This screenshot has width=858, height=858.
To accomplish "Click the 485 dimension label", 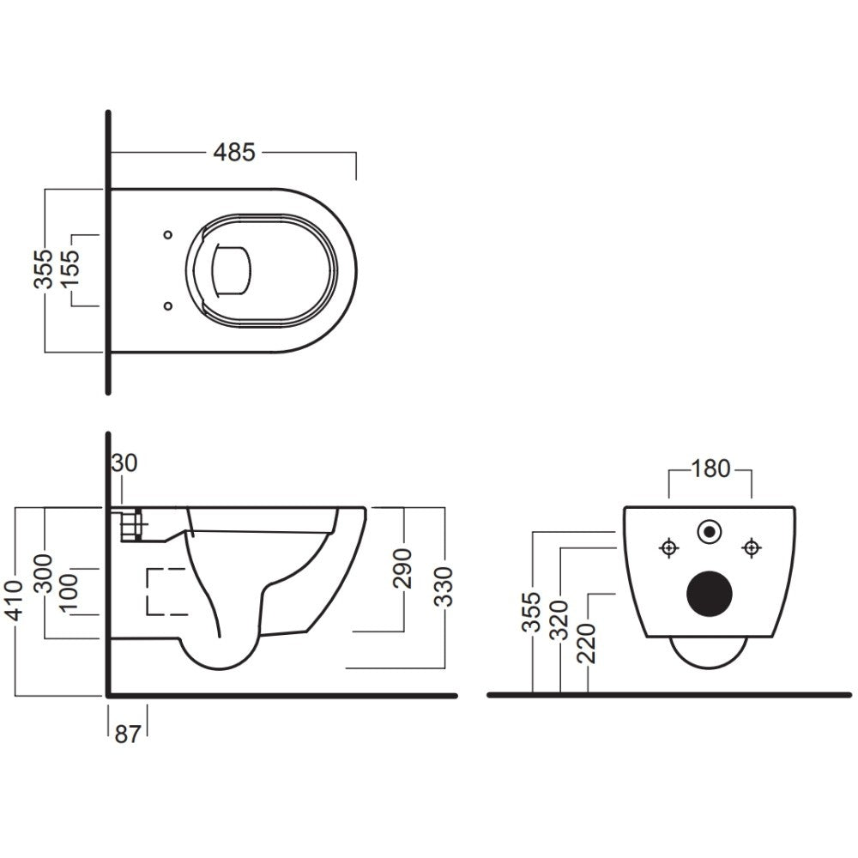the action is click(234, 152).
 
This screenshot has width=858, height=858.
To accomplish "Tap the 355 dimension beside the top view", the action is click(43, 269).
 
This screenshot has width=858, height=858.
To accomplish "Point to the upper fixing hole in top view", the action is click(168, 235).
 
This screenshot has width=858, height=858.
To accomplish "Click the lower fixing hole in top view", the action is click(168, 306).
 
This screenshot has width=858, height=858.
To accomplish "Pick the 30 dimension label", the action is click(124, 463).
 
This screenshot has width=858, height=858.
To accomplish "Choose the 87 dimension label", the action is click(128, 734).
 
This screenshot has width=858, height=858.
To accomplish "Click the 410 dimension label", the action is click(15, 601).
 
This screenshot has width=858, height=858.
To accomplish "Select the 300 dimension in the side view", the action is click(43, 573).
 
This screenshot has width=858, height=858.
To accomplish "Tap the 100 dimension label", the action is click(69, 594).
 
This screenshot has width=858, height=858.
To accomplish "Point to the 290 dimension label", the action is click(403, 568).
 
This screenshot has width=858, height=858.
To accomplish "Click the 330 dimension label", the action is click(444, 587).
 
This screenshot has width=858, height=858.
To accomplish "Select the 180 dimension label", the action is click(710, 469).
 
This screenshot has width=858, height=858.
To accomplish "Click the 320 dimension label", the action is click(559, 620).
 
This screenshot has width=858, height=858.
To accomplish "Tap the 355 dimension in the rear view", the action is click(531, 612).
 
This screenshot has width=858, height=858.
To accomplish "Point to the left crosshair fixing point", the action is click(669, 547).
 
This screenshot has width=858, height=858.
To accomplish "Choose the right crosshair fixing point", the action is click(752, 547).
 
